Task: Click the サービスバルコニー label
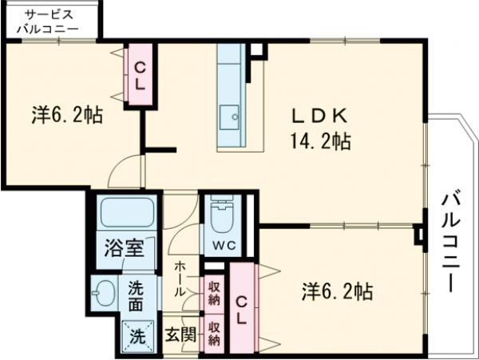click(x=48, y=22)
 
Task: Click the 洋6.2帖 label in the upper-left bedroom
click(x=67, y=116)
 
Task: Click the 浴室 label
click(x=125, y=247)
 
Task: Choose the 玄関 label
click(x=180, y=334)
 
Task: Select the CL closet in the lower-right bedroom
click(x=241, y=308)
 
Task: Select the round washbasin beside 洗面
click(x=104, y=292)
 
